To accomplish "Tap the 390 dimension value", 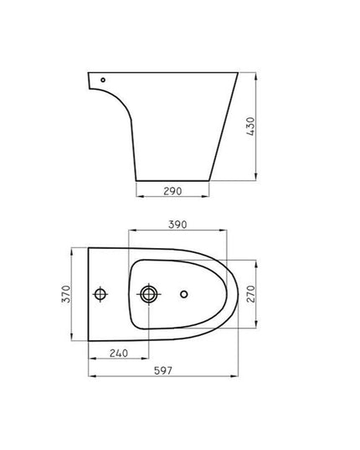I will [x=177, y=225].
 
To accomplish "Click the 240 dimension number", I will [x=119, y=354].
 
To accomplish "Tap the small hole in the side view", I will [x=102, y=80].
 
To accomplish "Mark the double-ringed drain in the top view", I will [x=149, y=294].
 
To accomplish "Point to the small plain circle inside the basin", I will [x=186, y=294].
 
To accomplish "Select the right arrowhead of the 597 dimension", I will [x=244, y=379].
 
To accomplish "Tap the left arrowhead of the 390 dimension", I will [x=135, y=232].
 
